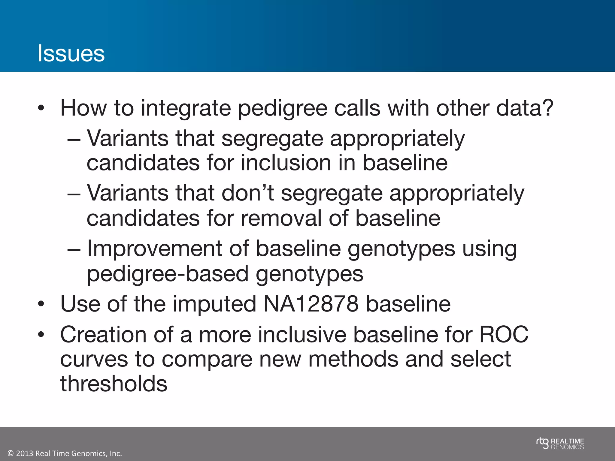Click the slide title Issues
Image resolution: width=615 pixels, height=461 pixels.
71,53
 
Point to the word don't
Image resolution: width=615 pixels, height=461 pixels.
247,193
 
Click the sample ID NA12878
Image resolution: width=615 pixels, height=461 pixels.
311,304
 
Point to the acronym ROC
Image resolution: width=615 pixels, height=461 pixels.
504,334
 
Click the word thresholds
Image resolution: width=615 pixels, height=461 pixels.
114,384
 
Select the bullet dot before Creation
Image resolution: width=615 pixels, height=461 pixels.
41,335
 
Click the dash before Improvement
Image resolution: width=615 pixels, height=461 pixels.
74,249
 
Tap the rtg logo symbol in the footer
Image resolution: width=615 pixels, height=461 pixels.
542,443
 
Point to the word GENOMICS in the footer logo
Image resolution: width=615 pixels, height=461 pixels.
567,447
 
